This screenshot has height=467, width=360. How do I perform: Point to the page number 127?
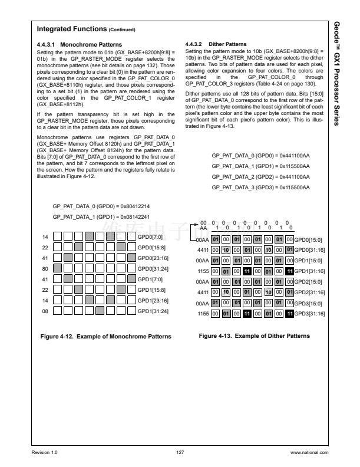[180, 452]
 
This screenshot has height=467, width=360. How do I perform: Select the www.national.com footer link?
[309, 452]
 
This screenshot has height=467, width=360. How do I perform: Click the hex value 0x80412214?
[135, 207]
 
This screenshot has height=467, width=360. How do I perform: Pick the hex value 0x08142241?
[135, 217]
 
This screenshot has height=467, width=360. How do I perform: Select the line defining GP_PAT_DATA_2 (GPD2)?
[260, 177]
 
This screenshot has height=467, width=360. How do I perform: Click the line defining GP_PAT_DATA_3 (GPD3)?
[260, 187]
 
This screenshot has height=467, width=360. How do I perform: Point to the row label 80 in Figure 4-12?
[45, 268]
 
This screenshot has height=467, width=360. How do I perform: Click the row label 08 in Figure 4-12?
[45, 311]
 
